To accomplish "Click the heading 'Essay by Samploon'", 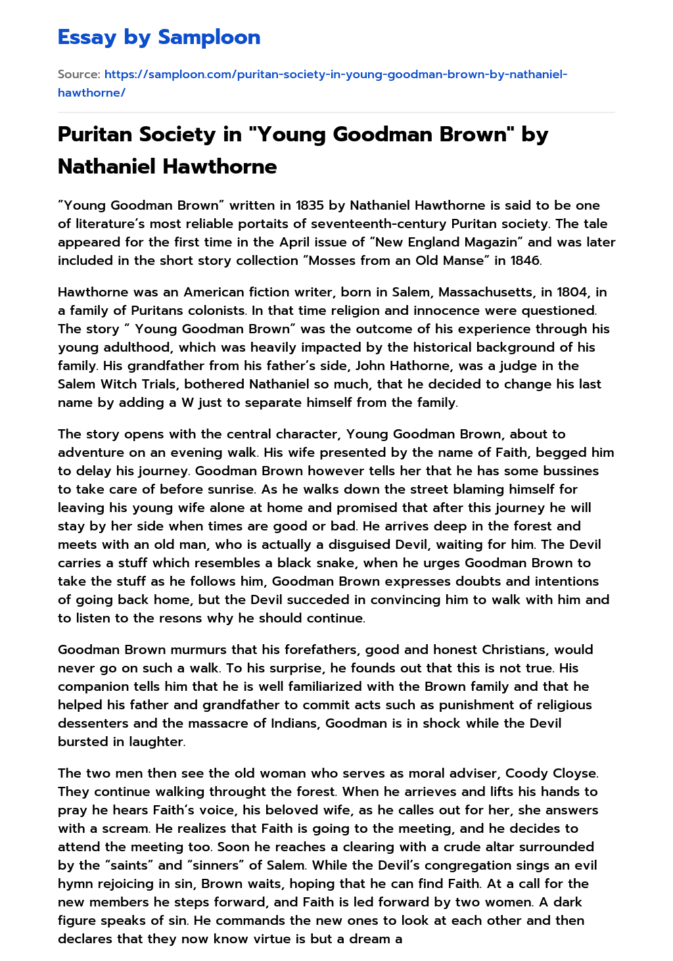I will point(159,37).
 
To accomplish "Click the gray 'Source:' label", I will point(79,74).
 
